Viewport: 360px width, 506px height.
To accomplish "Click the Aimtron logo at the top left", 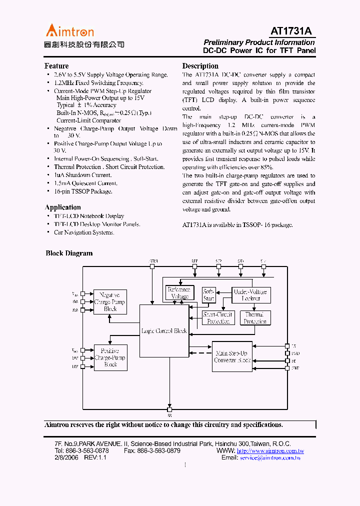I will (70, 31).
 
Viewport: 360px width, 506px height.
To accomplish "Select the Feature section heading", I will (56, 66).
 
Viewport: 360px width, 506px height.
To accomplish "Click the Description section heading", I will (200, 66).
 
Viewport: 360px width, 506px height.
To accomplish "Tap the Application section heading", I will (62, 207).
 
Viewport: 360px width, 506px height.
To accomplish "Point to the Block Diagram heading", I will (69, 253).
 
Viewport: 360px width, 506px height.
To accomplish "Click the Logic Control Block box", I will (163, 331).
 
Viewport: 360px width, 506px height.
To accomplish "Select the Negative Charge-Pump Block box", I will (110, 302).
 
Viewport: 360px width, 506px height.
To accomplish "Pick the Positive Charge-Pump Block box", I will (110, 358).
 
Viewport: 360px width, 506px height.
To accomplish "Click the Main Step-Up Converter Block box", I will (232, 356).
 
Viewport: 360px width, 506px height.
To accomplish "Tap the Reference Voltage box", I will (178, 292).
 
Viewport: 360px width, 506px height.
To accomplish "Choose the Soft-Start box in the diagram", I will (208, 295).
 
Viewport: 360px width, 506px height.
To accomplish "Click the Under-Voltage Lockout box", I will (251, 295).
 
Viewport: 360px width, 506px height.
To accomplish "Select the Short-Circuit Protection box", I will (217, 318).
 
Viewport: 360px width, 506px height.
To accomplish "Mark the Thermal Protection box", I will (255, 318).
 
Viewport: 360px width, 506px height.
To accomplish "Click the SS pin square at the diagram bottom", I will (169, 408).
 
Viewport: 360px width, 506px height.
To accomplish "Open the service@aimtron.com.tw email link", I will (270, 457).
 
